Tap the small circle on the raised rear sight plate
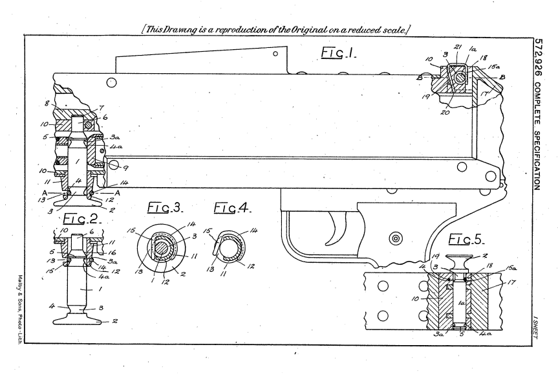tap(275, 55)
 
